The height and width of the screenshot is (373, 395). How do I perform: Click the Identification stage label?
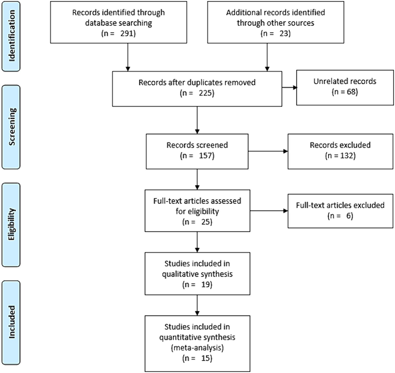coord(11,36)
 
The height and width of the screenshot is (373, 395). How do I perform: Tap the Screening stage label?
coord(11,127)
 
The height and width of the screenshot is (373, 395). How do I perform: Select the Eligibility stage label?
coord(11,224)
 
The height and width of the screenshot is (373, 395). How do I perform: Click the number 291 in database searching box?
coord(127,34)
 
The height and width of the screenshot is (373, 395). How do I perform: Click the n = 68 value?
coord(345,92)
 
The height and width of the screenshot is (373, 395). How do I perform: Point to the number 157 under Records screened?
coord(206,156)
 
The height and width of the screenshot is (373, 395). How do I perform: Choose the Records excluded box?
coord(340,151)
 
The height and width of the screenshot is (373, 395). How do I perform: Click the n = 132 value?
coord(340,156)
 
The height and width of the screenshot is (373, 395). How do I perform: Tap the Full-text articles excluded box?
coord(340,211)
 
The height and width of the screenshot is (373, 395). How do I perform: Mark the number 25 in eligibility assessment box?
coord(206,222)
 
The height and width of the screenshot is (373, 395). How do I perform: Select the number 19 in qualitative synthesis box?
coord(206,285)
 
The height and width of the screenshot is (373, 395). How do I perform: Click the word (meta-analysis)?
coord(197,348)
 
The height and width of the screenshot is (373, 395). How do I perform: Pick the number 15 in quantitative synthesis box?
coord(206,359)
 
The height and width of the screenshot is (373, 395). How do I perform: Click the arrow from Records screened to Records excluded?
coord(268,151)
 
